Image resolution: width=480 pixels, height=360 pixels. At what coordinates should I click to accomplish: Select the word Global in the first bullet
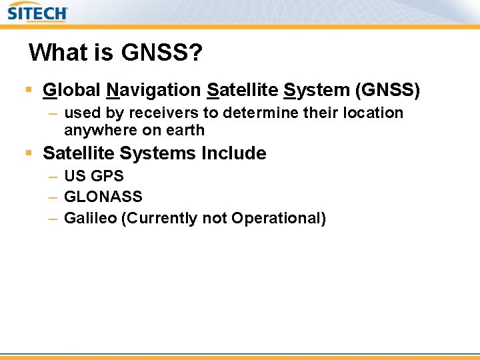point(71,89)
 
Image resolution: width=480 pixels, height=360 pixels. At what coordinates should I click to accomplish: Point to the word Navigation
point(153,89)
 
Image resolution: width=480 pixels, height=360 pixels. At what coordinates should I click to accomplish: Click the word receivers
point(159,113)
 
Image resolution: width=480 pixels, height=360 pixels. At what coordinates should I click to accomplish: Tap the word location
point(373,113)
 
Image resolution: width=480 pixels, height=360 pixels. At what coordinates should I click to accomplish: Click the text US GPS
point(94,177)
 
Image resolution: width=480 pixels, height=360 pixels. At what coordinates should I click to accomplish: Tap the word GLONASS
point(103,197)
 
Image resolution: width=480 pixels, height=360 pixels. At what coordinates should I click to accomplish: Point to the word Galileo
point(90,218)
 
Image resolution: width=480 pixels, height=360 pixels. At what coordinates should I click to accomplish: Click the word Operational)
point(279,218)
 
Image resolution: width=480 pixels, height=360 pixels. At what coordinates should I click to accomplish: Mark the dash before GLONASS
point(53,197)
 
